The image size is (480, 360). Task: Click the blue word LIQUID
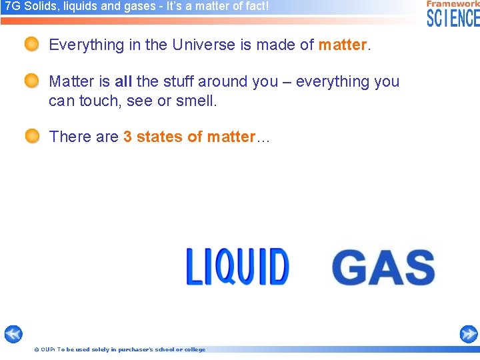tap(237, 267)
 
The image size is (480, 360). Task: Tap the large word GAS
tap(383, 268)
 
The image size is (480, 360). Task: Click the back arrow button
tap(13, 334)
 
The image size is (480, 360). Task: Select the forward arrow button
tap(469, 334)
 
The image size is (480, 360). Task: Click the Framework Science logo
tap(453, 13)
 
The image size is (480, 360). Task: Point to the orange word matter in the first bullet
tap(343, 45)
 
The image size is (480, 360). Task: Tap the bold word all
tap(123, 82)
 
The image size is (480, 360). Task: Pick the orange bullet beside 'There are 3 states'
tap(32, 137)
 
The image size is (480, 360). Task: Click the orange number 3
tap(127, 137)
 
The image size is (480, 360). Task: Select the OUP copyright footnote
tap(119, 349)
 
